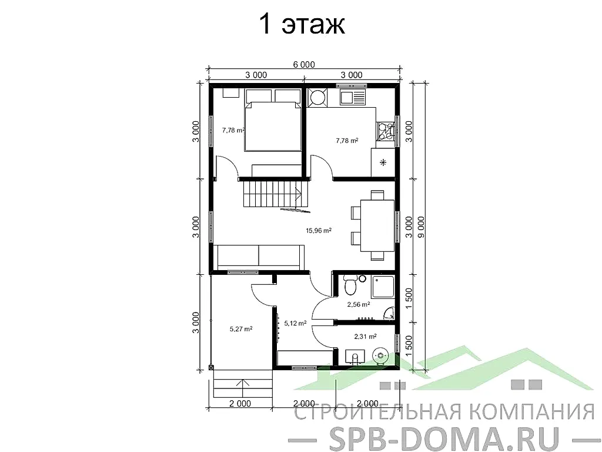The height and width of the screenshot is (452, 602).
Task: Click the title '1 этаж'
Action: tap(302, 25)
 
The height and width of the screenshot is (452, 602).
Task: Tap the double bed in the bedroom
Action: tap(272, 127)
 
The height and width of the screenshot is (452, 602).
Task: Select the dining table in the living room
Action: tap(376, 225)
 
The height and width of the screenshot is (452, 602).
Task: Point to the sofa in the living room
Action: tap(259, 257)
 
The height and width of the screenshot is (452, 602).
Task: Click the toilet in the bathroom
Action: tap(350, 287)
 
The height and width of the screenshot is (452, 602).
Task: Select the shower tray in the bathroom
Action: tap(383, 287)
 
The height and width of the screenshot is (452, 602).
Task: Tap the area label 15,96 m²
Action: tap(318, 231)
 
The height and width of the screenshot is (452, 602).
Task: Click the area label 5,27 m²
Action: tap(240, 329)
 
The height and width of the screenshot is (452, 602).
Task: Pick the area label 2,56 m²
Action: tap(358, 305)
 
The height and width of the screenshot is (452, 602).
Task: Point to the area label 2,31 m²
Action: tap(365, 337)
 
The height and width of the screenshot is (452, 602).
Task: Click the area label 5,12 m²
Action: tap(295, 323)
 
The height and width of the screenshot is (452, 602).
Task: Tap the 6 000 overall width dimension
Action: tap(304, 65)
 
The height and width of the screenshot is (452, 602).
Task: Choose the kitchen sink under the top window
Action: tap(352, 97)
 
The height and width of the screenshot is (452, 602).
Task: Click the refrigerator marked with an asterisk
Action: tap(383, 162)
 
